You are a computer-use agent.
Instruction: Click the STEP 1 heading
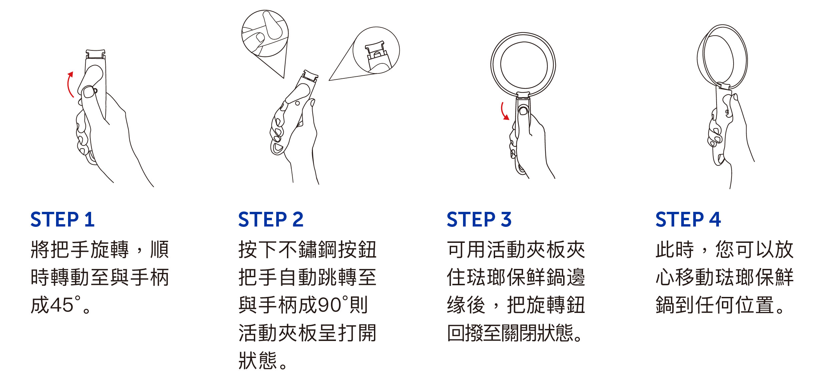[x=62, y=220]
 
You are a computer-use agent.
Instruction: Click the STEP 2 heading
[x=271, y=220]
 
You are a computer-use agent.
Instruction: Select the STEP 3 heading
[x=479, y=220]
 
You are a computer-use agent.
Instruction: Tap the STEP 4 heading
[x=688, y=220]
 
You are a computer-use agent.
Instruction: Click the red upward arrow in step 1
[x=68, y=84]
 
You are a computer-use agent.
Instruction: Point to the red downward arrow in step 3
[x=503, y=111]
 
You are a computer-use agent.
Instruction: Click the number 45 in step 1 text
[x=62, y=305]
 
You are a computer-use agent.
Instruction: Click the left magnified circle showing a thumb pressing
[x=265, y=33]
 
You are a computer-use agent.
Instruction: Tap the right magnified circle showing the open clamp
[x=376, y=50]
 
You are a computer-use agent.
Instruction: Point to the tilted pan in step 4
[x=723, y=57]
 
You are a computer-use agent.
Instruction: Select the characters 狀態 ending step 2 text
[x=258, y=361]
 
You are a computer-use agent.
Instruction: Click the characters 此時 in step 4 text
[x=675, y=250]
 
